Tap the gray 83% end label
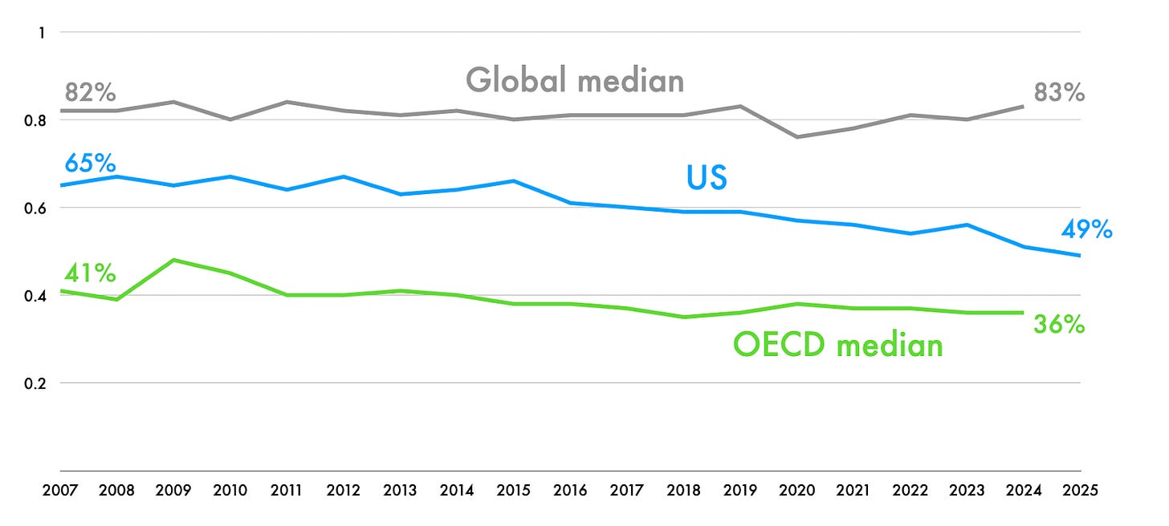point(1059,93)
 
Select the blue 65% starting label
point(91,163)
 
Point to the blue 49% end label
point(1085,230)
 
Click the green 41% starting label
point(90,273)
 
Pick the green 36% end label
point(1059,325)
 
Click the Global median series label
point(575,80)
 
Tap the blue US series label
point(707,177)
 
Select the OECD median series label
point(837,345)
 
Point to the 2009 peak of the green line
point(174,260)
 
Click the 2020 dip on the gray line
point(797,137)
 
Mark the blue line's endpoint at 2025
point(1080,256)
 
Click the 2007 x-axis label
point(61,490)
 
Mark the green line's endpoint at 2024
point(1023,313)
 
